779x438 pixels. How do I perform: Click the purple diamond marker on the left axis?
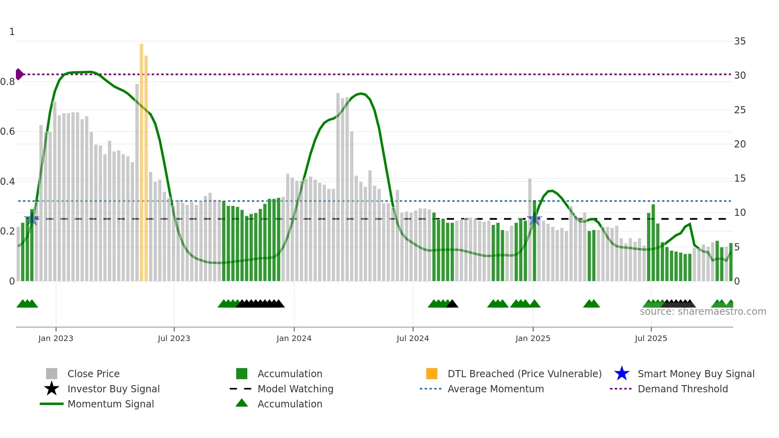pos(19,74)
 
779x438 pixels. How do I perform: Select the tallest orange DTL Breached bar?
pos(141,159)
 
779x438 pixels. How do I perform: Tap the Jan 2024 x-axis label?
pos(294,338)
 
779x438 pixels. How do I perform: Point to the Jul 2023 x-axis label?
pos(174,338)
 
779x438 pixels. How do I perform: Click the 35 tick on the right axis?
pos(740,41)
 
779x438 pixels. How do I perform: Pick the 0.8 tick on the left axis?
pos(8,82)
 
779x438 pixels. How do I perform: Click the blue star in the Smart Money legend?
pos(622,374)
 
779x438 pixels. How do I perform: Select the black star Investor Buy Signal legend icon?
pos(52,389)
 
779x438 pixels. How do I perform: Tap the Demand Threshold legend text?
pos(682,389)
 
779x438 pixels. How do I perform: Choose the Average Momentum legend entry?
pos(495,389)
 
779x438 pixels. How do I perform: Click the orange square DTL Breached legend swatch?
pos(432,374)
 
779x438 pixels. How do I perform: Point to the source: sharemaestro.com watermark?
pos(703,312)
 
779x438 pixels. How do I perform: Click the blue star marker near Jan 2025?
pos(534,219)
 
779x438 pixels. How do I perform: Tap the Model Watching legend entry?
pos(295,389)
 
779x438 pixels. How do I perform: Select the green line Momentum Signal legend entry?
pos(110,404)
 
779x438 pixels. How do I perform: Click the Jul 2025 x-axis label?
pos(651,338)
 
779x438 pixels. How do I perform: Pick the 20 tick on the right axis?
pos(740,144)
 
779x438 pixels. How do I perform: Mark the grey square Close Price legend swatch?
pos(52,374)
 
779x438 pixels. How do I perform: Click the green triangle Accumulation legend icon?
pos(242,403)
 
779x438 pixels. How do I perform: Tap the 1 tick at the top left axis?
pos(12,32)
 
